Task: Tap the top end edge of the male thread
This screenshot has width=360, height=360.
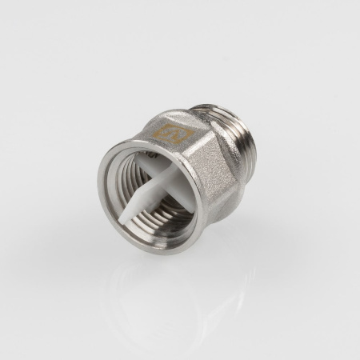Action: [x=214, y=107]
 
